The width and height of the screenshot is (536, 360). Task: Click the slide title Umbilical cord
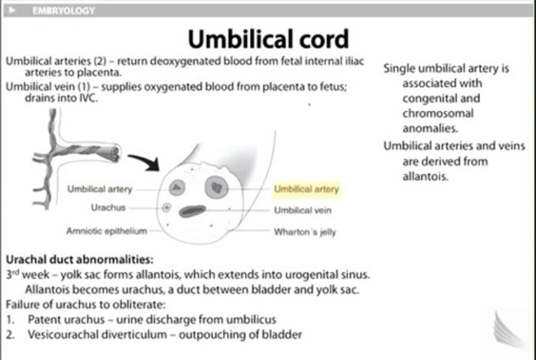[268, 39]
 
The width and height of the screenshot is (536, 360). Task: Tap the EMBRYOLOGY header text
[64, 10]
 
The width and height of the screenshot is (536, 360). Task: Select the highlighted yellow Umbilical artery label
[306, 189]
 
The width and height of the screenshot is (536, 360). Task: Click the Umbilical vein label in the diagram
[302, 210]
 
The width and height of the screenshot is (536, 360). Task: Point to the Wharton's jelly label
[305, 232]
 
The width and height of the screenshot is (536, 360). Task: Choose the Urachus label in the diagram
[108, 207]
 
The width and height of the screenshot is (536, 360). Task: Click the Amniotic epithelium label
[107, 231]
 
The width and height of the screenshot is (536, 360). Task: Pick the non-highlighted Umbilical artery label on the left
[100, 189]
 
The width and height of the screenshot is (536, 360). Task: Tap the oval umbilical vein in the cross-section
[193, 211]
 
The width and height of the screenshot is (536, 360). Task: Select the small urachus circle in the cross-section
[167, 207]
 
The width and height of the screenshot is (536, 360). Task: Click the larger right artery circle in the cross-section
[217, 187]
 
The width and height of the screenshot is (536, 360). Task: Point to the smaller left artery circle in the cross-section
[177, 187]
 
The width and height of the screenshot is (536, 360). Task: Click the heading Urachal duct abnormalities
[79, 259]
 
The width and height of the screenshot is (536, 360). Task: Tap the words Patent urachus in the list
[67, 319]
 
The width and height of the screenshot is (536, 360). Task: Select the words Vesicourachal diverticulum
[98, 334]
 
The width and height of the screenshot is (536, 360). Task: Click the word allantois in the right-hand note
[425, 176]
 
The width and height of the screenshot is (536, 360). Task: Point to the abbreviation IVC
[88, 98]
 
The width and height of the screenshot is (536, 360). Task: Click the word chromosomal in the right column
[438, 113]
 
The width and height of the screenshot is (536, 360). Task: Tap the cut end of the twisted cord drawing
[115, 153]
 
